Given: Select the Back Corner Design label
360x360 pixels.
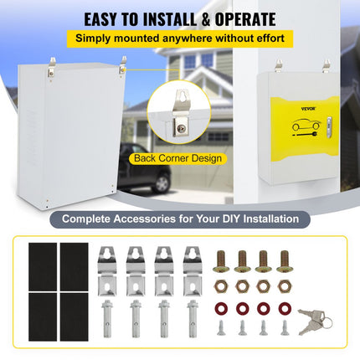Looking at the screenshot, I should (177, 157).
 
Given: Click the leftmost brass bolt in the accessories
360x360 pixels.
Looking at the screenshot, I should (222, 260).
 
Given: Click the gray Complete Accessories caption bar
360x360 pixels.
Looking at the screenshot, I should (180, 219).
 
